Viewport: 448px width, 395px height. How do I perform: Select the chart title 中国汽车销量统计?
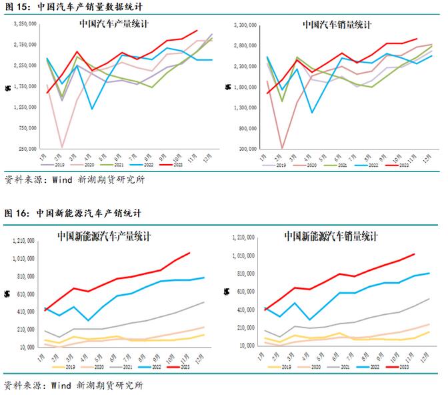(x=337, y=25)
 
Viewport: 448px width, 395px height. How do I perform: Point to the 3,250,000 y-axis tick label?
(x=25, y=24)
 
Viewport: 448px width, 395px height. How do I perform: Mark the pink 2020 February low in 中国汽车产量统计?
(x=62, y=147)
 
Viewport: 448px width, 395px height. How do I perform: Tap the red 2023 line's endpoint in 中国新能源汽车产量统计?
(x=190, y=252)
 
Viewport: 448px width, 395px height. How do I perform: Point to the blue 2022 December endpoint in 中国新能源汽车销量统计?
(x=429, y=273)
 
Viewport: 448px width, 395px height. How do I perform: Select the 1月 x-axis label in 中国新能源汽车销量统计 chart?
(x=265, y=353)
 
